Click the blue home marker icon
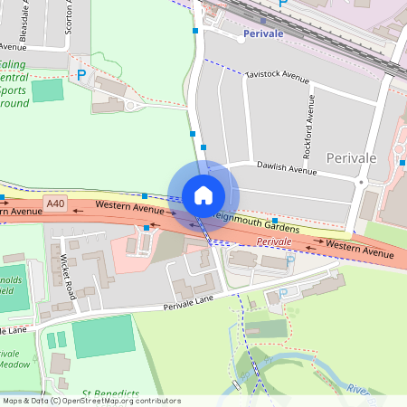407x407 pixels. click(203, 194)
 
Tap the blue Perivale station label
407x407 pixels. click(264, 33)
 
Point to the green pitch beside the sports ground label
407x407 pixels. click(48, 90)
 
